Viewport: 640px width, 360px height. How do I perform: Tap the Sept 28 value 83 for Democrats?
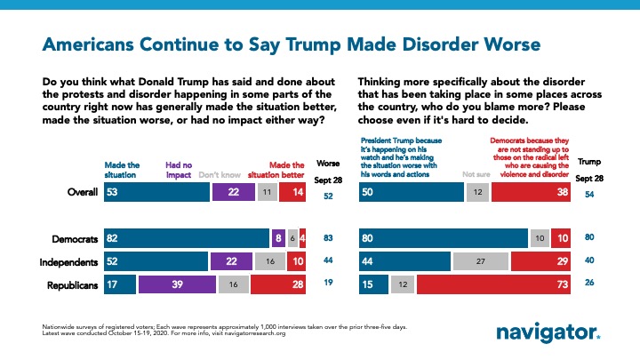pos(329,238)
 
